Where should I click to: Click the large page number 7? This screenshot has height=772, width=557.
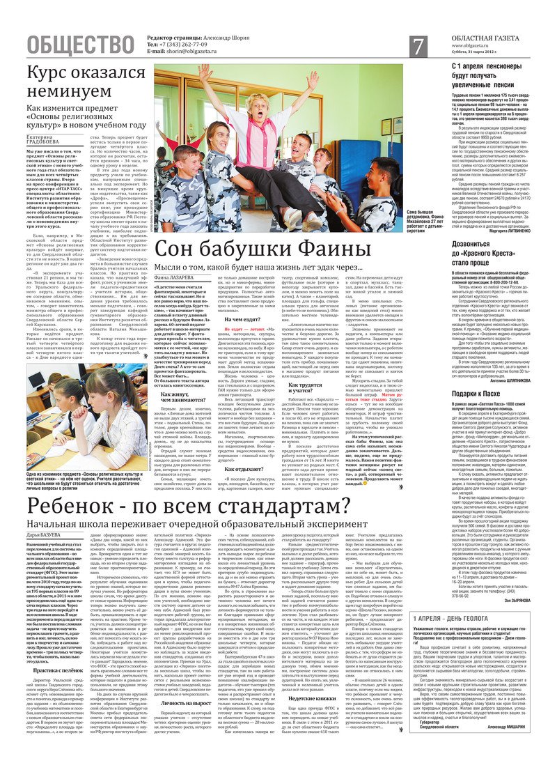point(418,46)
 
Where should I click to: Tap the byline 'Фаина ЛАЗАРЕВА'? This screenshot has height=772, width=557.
point(177,277)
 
